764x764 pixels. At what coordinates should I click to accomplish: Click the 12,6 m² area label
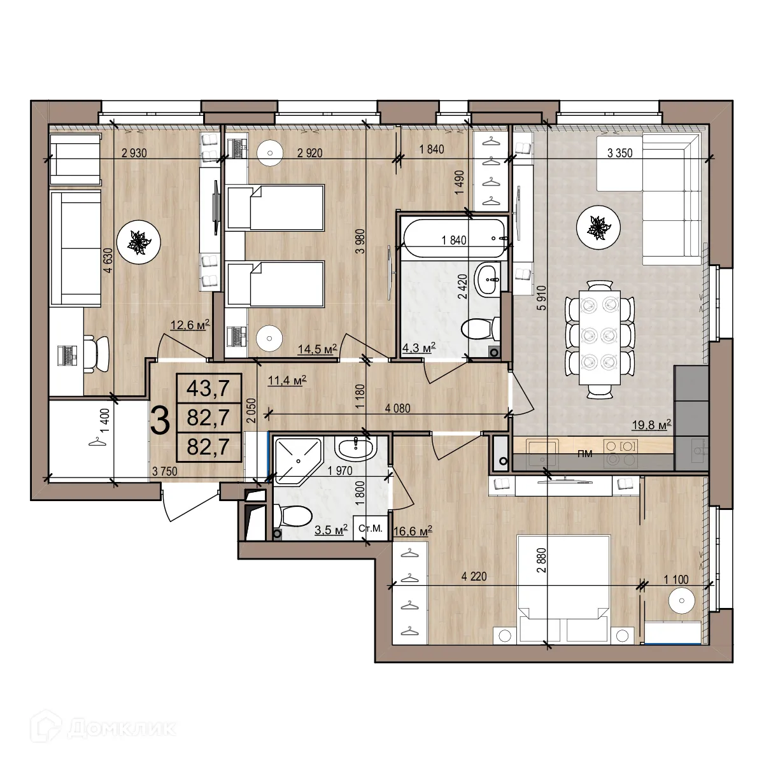(x=190, y=327)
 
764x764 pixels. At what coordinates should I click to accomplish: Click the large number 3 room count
(x=161, y=420)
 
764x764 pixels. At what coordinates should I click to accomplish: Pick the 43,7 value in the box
(x=208, y=387)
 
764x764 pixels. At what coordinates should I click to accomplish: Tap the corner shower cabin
(x=297, y=456)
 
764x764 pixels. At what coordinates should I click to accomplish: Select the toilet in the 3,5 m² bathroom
(x=292, y=516)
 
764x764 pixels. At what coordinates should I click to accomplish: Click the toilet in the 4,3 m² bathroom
(x=477, y=329)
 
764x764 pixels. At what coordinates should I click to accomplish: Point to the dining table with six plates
(x=600, y=341)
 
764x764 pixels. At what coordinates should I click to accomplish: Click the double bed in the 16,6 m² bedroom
(x=564, y=586)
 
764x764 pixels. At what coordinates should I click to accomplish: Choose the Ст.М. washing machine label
(x=371, y=528)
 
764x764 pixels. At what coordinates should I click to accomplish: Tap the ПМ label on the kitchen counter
(x=584, y=454)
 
